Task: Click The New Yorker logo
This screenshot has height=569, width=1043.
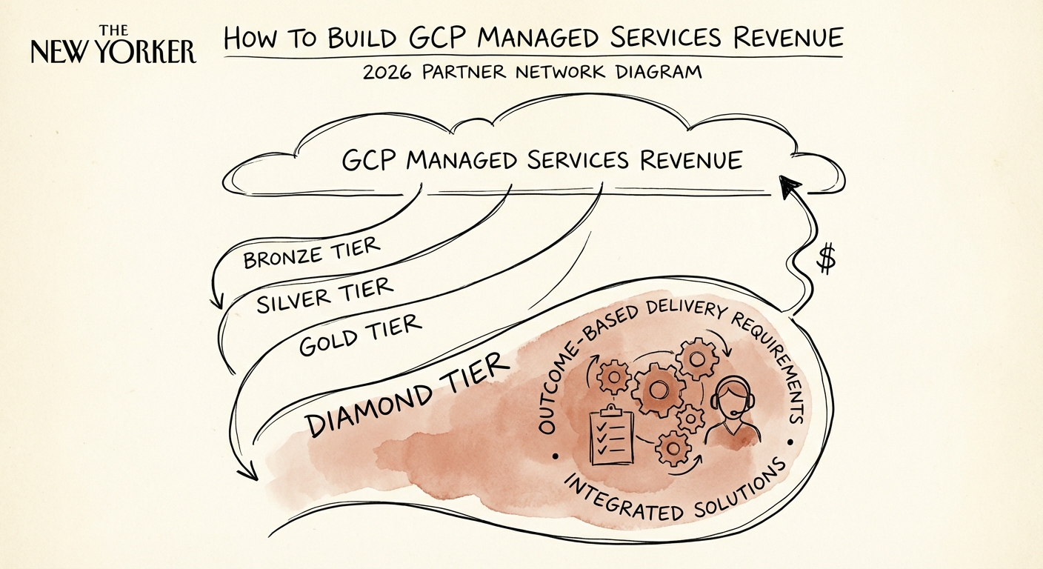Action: (x=113, y=46)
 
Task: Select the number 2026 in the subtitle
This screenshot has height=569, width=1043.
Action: (x=389, y=73)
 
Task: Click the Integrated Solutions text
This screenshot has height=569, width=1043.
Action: (x=674, y=496)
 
